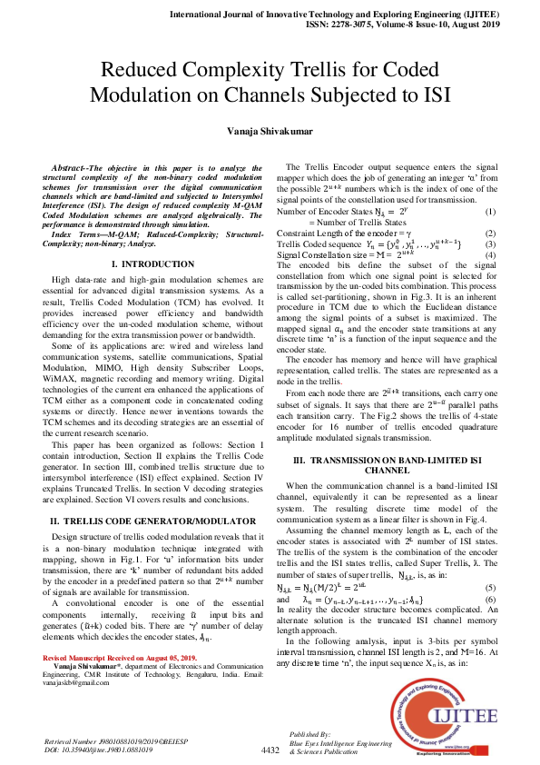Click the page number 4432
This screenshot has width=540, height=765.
(270, 750)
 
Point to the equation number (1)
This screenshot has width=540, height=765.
(491, 212)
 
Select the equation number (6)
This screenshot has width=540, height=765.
(491, 601)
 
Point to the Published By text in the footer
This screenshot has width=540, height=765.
(309, 732)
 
